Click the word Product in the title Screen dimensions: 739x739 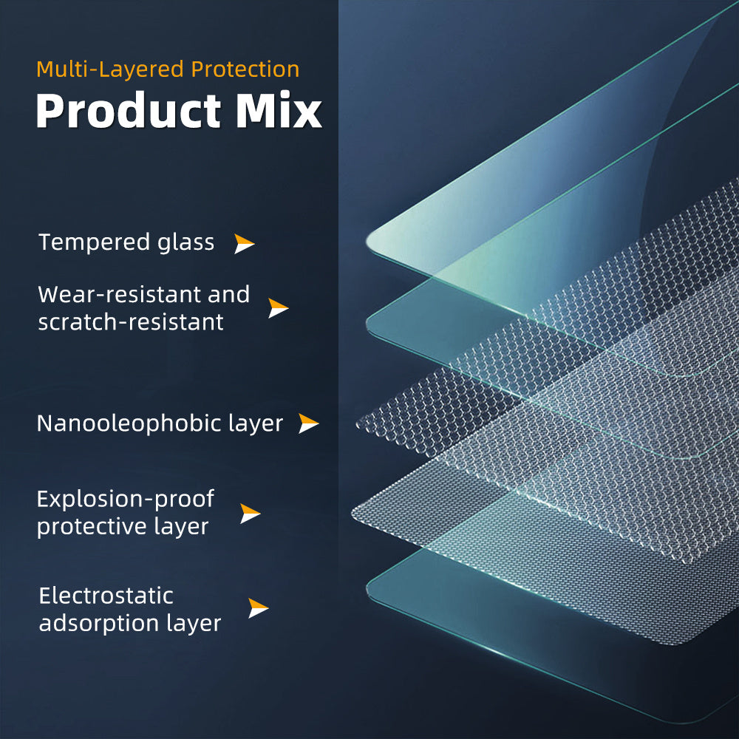click(x=128, y=110)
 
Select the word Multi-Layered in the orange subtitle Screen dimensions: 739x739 click(x=110, y=69)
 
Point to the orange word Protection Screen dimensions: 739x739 click(x=245, y=69)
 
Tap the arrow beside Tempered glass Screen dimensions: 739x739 click(x=244, y=244)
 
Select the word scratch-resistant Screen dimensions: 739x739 click(x=131, y=322)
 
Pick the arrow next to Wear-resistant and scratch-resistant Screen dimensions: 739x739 click(x=278, y=307)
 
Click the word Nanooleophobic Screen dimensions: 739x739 click(x=129, y=423)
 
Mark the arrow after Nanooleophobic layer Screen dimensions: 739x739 click(x=309, y=423)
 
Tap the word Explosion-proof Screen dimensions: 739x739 click(x=126, y=499)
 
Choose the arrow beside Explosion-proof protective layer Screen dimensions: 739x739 click(x=250, y=514)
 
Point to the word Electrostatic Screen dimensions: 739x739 click(x=106, y=596)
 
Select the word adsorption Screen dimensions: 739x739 click(x=99, y=624)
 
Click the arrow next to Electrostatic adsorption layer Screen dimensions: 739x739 click(x=258, y=608)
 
